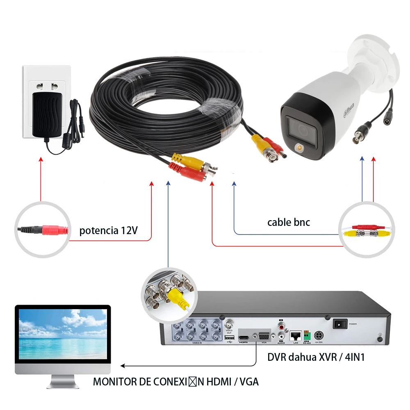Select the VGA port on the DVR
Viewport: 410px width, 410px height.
(263, 336)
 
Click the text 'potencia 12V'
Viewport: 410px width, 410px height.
(108, 230)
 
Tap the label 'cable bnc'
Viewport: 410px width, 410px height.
(289, 222)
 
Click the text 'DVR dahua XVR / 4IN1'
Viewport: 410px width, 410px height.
(316, 357)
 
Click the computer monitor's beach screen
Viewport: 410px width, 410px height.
(63, 333)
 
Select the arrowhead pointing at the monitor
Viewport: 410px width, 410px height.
(123, 366)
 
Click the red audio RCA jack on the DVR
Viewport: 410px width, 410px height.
(280, 327)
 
